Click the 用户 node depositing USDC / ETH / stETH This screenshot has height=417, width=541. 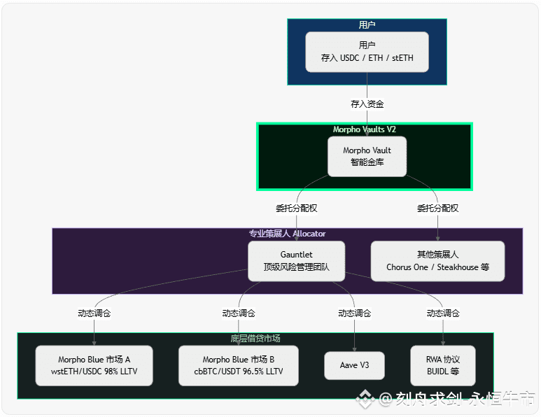pyautogui.click(x=367, y=52)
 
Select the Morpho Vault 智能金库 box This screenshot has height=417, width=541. pyautogui.click(x=367, y=156)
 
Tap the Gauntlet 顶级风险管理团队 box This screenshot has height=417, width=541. pyautogui.click(x=296, y=261)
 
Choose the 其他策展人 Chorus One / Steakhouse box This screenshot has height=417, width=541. pyautogui.click(x=437, y=261)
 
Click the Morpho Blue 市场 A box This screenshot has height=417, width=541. pyautogui.click(x=94, y=365)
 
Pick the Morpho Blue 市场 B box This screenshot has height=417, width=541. pyautogui.click(x=239, y=365)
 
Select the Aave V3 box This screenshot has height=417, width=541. pyautogui.click(x=354, y=365)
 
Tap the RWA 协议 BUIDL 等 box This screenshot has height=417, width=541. pyautogui.click(x=442, y=365)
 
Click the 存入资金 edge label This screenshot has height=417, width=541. pyautogui.click(x=367, y=104)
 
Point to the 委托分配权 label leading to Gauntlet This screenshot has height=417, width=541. pyautogui.click(x=297, y=208)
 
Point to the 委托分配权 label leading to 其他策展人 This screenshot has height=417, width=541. pyautogui.click(x=438, y=208)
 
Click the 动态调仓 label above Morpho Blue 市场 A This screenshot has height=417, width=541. pyautogui.click(x=94, y=313)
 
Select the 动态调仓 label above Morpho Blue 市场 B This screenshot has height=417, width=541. pyautogui.click(x=239, y=313)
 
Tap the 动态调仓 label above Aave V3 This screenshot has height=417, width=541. pyautogui.click(x=354, y=313)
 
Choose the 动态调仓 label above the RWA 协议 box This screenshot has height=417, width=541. pyautogui.click(x=443, y=313)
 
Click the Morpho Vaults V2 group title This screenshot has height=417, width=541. pyautogui.click(x=365, y=129)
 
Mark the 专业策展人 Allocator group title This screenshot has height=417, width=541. pyautogui.click(x=287, y=234)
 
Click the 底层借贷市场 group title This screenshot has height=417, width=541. pyautogui.click(x=255, y=339)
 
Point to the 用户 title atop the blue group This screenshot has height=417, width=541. pyautogui.click(x=367, y=25)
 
